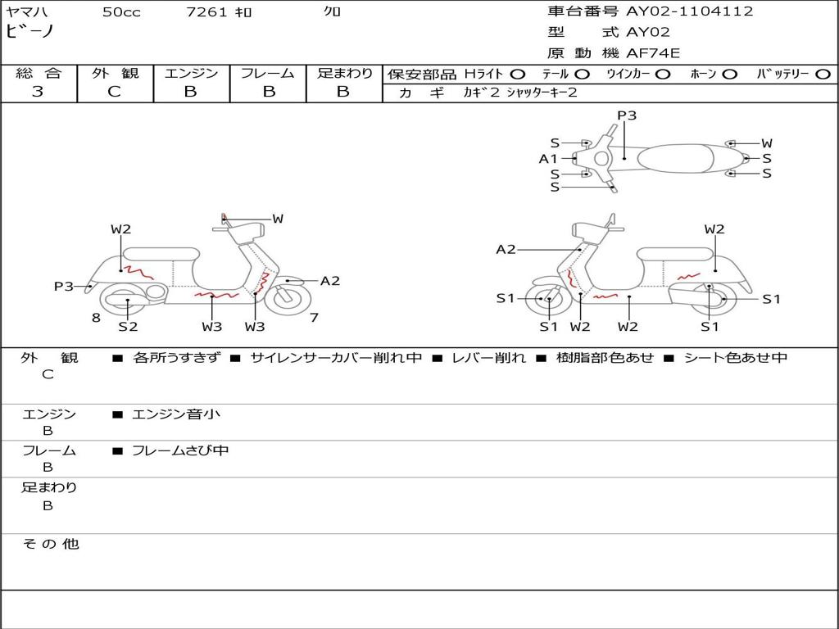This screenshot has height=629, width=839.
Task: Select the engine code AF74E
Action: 653,53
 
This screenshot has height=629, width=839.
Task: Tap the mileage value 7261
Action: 207,11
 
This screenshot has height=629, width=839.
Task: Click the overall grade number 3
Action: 38,92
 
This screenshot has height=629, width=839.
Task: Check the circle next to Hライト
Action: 518,74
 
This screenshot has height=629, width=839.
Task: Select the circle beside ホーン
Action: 730,74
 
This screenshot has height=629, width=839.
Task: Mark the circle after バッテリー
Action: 823,74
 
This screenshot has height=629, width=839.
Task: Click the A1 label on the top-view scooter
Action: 548,159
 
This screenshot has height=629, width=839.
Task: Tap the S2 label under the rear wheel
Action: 128,327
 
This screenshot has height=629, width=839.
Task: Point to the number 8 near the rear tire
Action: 96,318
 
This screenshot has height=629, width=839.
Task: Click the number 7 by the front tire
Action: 314,318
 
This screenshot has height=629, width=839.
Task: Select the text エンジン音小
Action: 176,414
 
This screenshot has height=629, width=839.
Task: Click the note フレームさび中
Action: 180,450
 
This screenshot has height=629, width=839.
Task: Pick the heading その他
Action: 51,544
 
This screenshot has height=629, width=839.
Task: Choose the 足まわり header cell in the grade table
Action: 344,74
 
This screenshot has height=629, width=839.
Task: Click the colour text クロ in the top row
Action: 333,11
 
